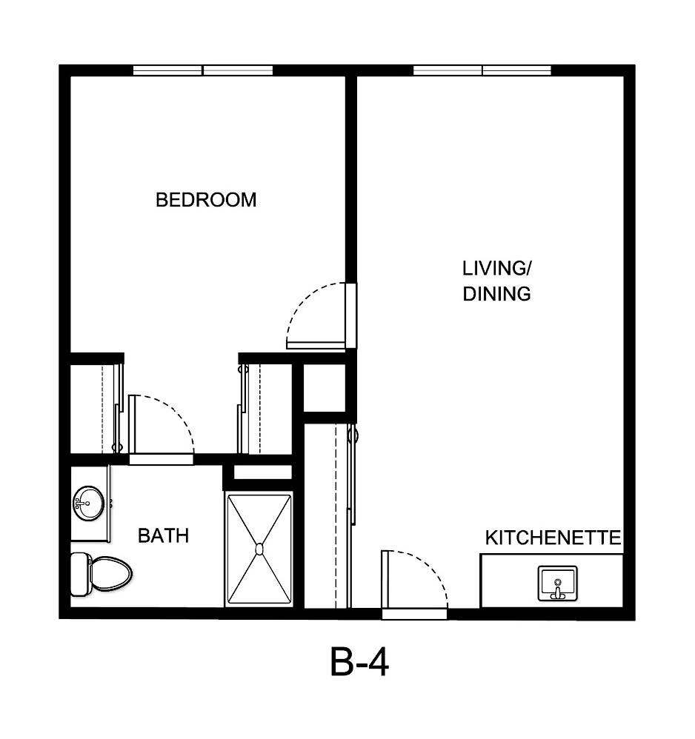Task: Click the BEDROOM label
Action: pos(206,200)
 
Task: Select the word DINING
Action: pos(496,294)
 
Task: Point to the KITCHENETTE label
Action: pos(553,538)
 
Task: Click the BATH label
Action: pos(163,535)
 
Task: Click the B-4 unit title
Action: pos(359,661)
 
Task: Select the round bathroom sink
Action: pos(88,504)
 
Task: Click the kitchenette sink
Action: pos(557,583)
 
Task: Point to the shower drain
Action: pos(259,549)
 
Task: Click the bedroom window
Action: pos(203,71)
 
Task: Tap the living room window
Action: pos(482,71)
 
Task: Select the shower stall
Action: pos(259,549)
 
